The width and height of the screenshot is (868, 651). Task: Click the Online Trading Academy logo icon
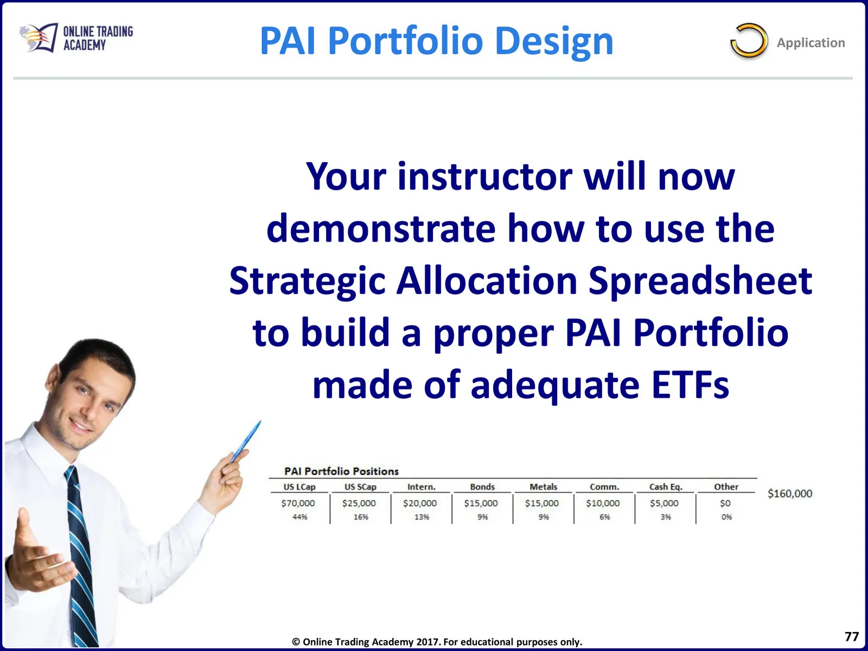click(39, 37)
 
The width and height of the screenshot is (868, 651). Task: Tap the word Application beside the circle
click(810, 43)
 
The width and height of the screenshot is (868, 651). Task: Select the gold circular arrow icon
click(749, 41)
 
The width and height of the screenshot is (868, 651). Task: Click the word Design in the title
click(554, 41)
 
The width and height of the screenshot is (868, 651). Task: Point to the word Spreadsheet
click(700, 281)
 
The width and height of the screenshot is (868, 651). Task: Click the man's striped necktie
click(81, 553)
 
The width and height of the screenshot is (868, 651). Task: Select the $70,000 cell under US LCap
click(298, 503)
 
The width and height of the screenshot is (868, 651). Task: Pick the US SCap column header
click(360, 487)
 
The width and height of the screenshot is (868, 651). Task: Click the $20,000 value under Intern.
click(420, 503)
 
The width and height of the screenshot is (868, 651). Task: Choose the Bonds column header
click(482, 487)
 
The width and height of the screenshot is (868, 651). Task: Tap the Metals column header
click(544, 487)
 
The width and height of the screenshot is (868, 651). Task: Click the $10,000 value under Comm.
click(603, 503)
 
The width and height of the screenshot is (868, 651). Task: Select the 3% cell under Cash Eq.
click(666, 516)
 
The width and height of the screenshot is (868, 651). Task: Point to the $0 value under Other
click(725, 503)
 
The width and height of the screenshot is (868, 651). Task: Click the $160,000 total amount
click(790, 493)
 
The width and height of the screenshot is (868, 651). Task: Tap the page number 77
click(851, 636)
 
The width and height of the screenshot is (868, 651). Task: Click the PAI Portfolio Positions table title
click(341, 471)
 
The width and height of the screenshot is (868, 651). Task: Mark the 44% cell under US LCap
click(300, 516)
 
